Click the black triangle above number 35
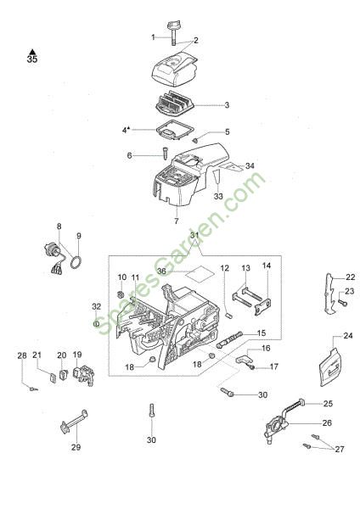[32, 52]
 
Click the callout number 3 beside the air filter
[227, 105]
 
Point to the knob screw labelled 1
[173, 32]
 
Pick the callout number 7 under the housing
[177, 221]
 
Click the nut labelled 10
[120, 294]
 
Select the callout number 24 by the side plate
[347, 335]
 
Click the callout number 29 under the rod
[76, 447]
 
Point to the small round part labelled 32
[96, 324]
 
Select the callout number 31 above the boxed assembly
[194, 235]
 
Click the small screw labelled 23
[342, 303]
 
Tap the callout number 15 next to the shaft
[262, 333]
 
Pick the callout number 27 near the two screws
[340, 450]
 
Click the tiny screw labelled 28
[33, 389]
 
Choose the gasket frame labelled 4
[174, 130]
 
